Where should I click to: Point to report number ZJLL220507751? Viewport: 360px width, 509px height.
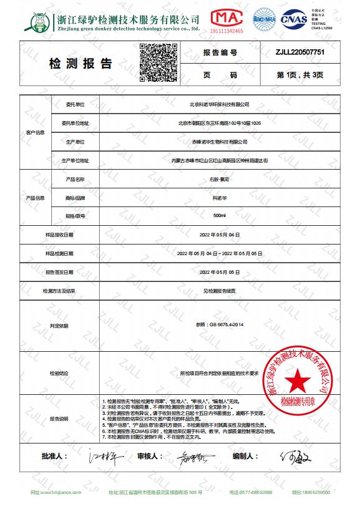pos(300,53)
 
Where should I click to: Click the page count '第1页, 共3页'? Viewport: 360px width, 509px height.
pos(300,74)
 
